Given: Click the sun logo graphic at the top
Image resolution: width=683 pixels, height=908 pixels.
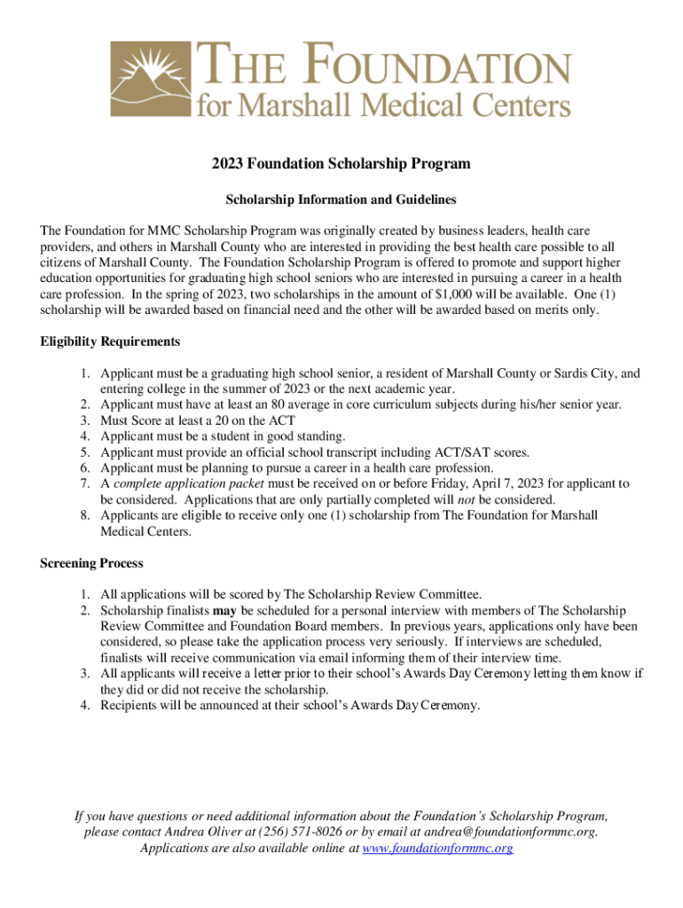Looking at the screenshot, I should click(x=151, y=81).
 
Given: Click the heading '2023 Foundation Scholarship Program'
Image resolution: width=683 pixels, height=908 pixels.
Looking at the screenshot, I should click(x=341, y=164).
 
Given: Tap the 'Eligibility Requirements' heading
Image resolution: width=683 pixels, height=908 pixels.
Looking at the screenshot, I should click(x=111, y=341).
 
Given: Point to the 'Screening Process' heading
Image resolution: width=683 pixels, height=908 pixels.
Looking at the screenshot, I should click(x=91, y=563).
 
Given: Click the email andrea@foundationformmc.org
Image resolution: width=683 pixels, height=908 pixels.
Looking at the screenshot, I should click(x=510, y=832).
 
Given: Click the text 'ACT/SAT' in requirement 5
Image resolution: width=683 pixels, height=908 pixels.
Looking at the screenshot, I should click(x=452, y=452).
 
